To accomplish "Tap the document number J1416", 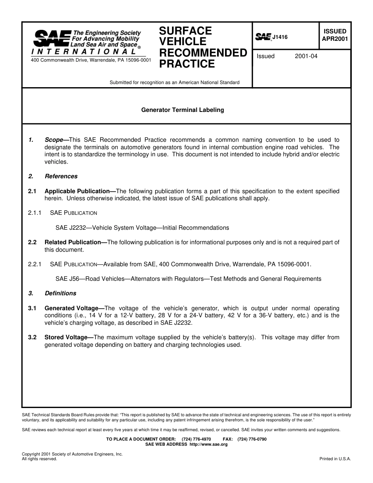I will click(280, 37).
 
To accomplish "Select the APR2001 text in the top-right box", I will click(335, 39).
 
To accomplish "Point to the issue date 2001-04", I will click(306, 56).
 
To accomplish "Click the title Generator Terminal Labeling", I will click(183, 110).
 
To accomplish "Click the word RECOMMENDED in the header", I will click(203, 53).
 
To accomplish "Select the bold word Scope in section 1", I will click(54, 140).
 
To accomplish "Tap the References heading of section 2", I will click(61, 176).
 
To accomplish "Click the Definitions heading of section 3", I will click(60, 293).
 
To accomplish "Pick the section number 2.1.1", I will click(35, 213).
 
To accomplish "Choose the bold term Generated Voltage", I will click(71, 308).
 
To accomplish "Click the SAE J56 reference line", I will click(188, 279).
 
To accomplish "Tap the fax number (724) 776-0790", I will click(252, 439).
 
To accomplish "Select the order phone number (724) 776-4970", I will click(196, 439).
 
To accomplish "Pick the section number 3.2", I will click(32, 337).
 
